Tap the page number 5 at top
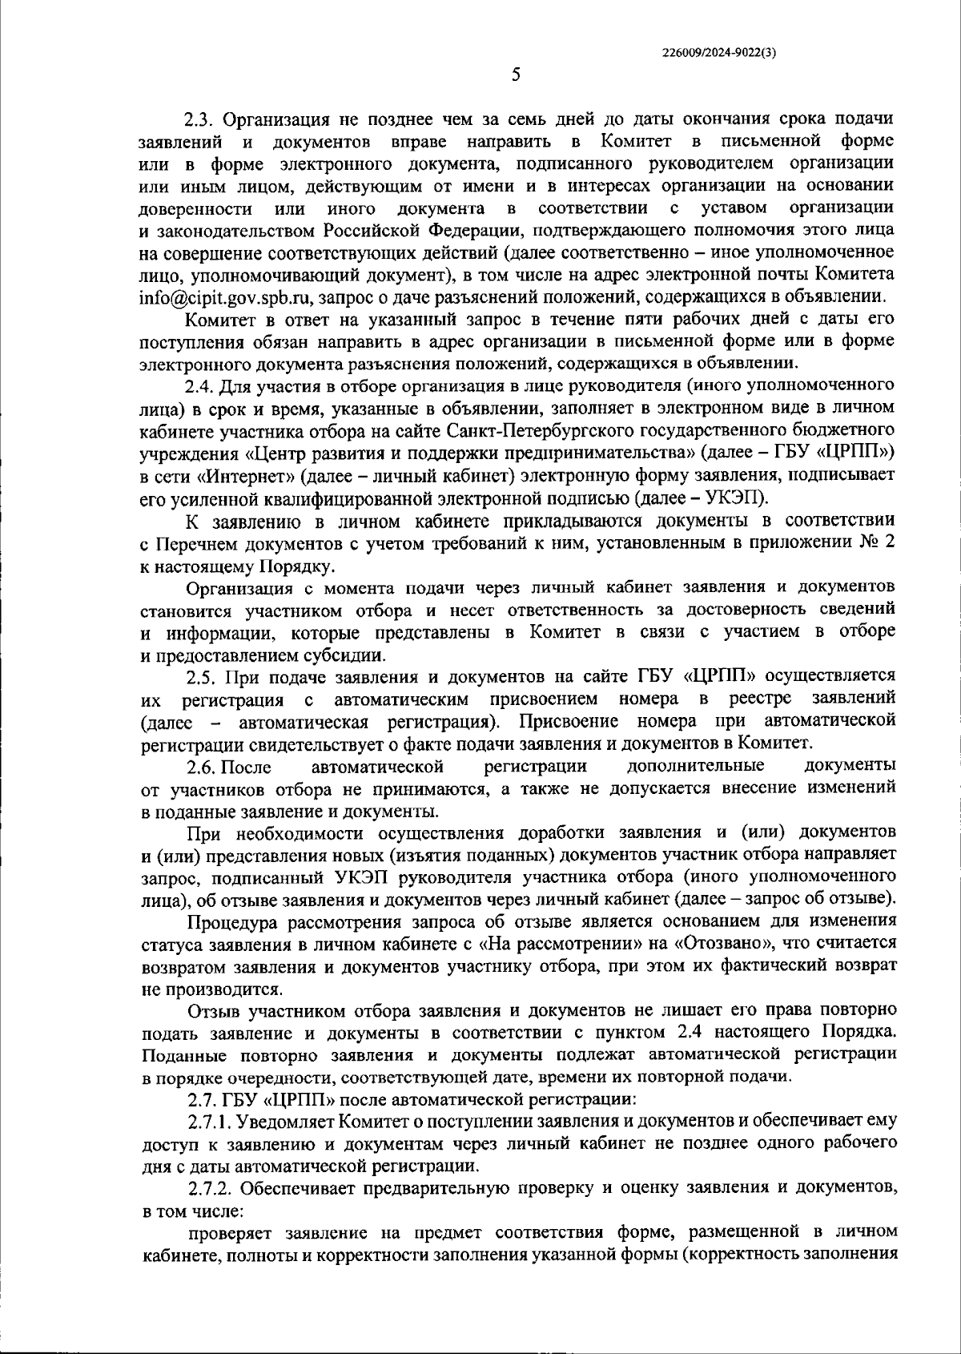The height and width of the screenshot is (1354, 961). pos(516,75)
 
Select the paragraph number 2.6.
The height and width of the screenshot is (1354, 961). pos(201,767)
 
